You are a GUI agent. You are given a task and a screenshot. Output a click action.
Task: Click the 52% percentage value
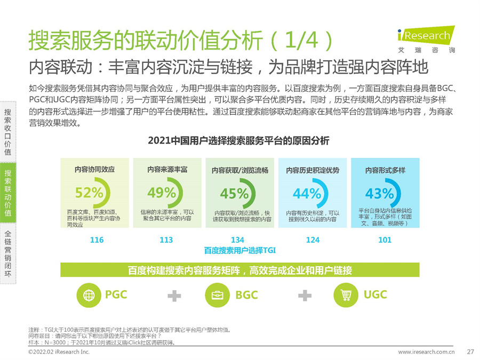(x=89, y=193)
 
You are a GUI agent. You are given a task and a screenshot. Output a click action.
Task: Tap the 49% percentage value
(x=162, y=193)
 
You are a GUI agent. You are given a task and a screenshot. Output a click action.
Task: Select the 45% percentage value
(x=234, y=193)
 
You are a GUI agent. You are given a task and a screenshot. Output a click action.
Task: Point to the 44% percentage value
(x=307, y=193)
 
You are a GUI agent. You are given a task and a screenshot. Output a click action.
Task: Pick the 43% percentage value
(x=379, y=193)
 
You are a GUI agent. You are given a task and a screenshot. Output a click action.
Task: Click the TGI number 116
(x=97, y=240)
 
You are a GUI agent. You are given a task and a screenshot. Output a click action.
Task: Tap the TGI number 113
(x=166, y=240)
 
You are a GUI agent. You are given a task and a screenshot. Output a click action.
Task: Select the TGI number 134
(x=237, y=240)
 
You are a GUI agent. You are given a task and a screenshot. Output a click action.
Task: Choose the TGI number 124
(x=313, y=240)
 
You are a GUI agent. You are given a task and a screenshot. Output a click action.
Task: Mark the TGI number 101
(x=385, y=240)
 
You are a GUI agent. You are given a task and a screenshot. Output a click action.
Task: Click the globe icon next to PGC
(x=88, y=295)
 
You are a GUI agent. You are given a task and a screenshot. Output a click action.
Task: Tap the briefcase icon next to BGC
(x=217, y=295)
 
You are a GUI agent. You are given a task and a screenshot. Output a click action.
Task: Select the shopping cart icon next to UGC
(x=345, y=295)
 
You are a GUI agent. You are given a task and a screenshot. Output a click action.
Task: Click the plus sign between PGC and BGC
(x=174, y=295)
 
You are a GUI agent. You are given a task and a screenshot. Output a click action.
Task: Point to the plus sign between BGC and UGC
(x=305, y=295)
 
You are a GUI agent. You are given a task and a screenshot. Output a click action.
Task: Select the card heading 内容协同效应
(x=94, y=170)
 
